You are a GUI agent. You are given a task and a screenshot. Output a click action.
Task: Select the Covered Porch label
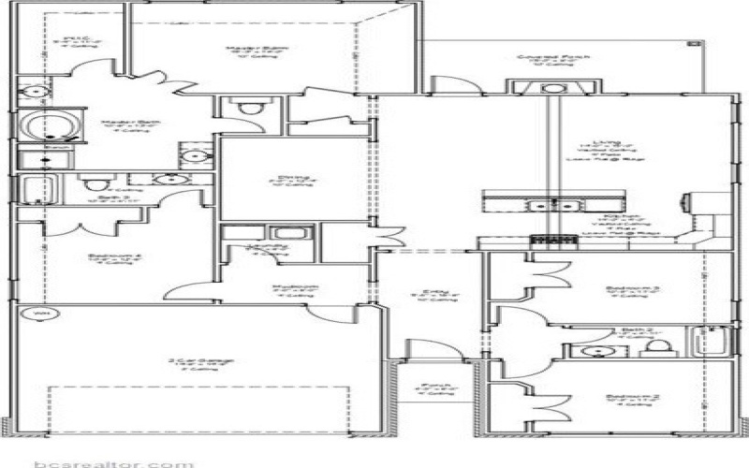pyautogui.click(x=551, y=57)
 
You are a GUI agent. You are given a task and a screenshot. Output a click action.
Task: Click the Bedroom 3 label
pyautogui.click(x=621, y=288)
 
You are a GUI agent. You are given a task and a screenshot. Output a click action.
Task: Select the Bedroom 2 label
pyautogui.click(x=621, y=396)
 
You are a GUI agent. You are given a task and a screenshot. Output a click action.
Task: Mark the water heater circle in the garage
pyautogui.click(x=39, y=313)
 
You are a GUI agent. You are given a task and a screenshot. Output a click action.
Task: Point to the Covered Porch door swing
pyautogui.click(x=460, y=83)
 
